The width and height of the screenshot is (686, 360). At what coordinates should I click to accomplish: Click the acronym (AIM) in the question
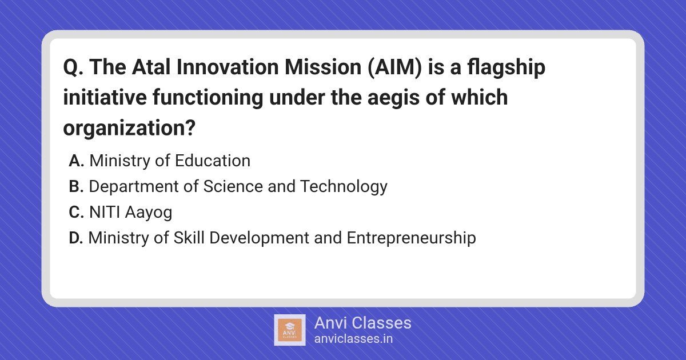click(394, 67)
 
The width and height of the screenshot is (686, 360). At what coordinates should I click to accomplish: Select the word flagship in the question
click(506, 68)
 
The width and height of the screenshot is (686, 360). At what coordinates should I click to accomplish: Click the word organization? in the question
click(129, 129)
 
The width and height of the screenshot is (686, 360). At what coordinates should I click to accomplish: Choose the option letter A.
click(77, 161)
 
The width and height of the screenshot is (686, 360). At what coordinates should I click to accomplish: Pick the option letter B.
click(76, 186)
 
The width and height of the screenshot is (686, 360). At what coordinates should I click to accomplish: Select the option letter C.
click(77, 212)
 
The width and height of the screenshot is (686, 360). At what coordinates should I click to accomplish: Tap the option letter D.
click(76, 238)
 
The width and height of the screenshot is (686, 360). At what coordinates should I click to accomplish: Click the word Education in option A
click(213, 161)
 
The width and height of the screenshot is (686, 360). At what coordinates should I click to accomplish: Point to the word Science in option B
click(233, 186)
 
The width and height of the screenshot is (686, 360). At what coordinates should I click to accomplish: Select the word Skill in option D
click(189, 238)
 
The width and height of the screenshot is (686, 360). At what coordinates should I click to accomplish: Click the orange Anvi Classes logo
click(290, 330)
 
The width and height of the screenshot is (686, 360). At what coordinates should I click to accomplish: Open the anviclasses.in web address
click(353, 339)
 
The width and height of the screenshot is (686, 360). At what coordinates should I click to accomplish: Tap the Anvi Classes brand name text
click(363, 323)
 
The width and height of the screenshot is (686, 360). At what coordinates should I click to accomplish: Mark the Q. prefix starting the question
click(73, 67)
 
